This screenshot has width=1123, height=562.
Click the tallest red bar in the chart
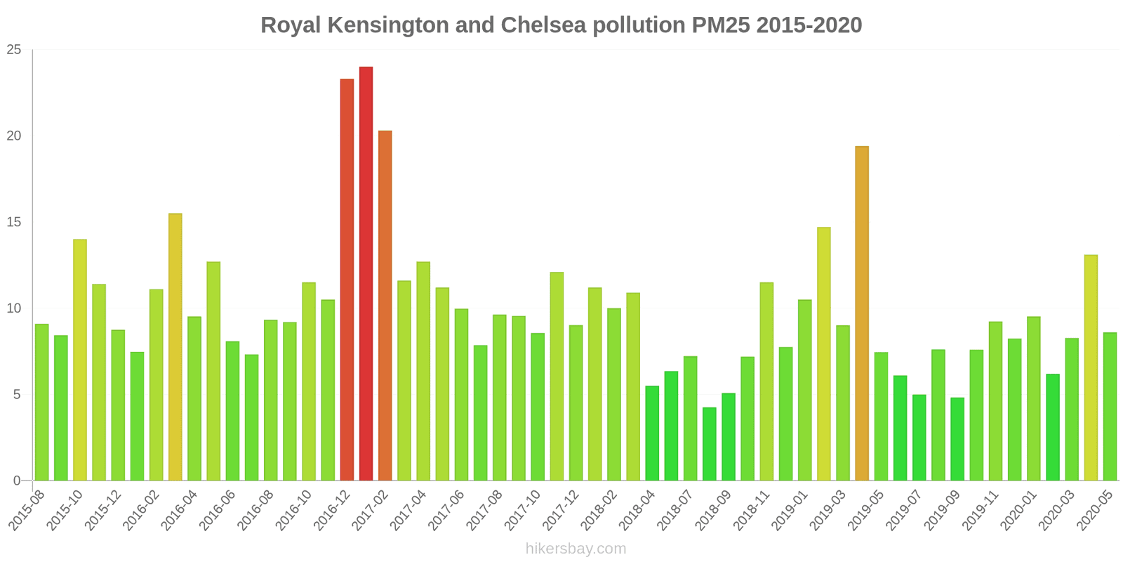click(x=366, y=274)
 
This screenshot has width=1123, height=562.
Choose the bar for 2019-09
click(x=957, y=439)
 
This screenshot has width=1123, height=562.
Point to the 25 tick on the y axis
click(x=14, y=50)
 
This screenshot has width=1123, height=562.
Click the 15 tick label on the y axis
click(x=14, y=223)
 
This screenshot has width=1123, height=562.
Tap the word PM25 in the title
click(x=720, y=25)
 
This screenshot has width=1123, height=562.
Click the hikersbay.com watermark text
click(x=576, y=549)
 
